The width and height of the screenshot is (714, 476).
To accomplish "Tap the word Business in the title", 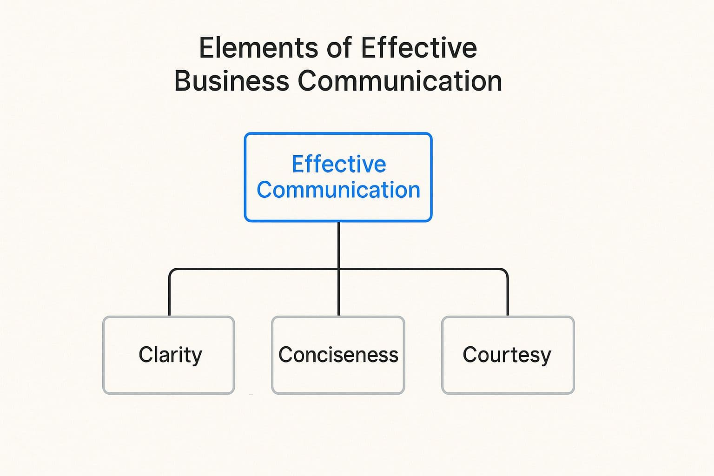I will pos(231,81).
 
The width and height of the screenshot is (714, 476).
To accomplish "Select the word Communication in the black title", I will pos(400,81).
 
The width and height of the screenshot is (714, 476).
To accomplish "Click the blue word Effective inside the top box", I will pos(339,164).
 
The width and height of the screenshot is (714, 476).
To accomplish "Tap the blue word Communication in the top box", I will pos(338,190).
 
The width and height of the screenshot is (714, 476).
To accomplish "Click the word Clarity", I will pos(170,355).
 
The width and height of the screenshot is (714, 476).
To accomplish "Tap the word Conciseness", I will pos(338,355).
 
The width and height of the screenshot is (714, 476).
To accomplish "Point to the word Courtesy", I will pos(507,355).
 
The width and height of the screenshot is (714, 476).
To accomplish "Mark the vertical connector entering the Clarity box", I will pos(169,297).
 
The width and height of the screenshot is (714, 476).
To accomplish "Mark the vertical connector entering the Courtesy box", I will pos(508,297).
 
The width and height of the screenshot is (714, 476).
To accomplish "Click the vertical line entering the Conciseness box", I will pos(338,297).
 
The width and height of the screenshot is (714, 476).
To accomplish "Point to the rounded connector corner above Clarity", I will pos(172,271).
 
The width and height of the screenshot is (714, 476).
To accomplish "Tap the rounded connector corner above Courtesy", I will pos(505,271).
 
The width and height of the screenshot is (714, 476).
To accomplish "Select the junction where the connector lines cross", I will pos(338,269).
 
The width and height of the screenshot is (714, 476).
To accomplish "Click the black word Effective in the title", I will pos(419,48).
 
